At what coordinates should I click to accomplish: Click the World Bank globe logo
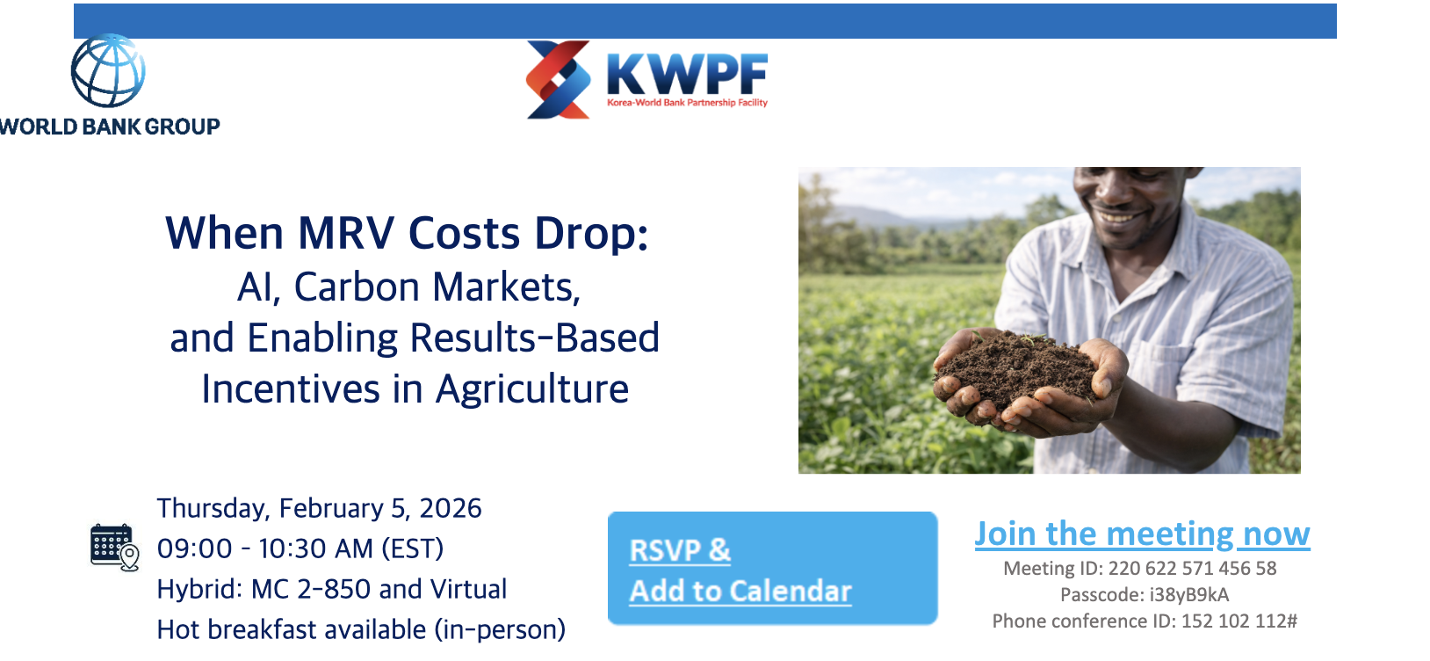108,71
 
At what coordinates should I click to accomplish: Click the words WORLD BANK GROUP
110,127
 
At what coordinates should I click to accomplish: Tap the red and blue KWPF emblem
558,79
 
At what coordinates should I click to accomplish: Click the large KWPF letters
687,74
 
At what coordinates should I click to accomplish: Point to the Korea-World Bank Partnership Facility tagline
687,103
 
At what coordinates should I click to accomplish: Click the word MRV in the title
346,234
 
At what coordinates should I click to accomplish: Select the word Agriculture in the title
532,389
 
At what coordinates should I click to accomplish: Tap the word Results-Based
535,338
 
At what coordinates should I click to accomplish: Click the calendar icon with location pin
114,547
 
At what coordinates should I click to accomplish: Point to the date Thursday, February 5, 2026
320,508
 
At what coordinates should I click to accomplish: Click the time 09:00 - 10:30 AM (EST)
300,548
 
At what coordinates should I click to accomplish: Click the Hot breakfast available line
361,629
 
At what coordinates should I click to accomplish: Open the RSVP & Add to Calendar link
740,570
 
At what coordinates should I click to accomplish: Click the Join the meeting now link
1142,534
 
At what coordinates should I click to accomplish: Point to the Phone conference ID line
1145,621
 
